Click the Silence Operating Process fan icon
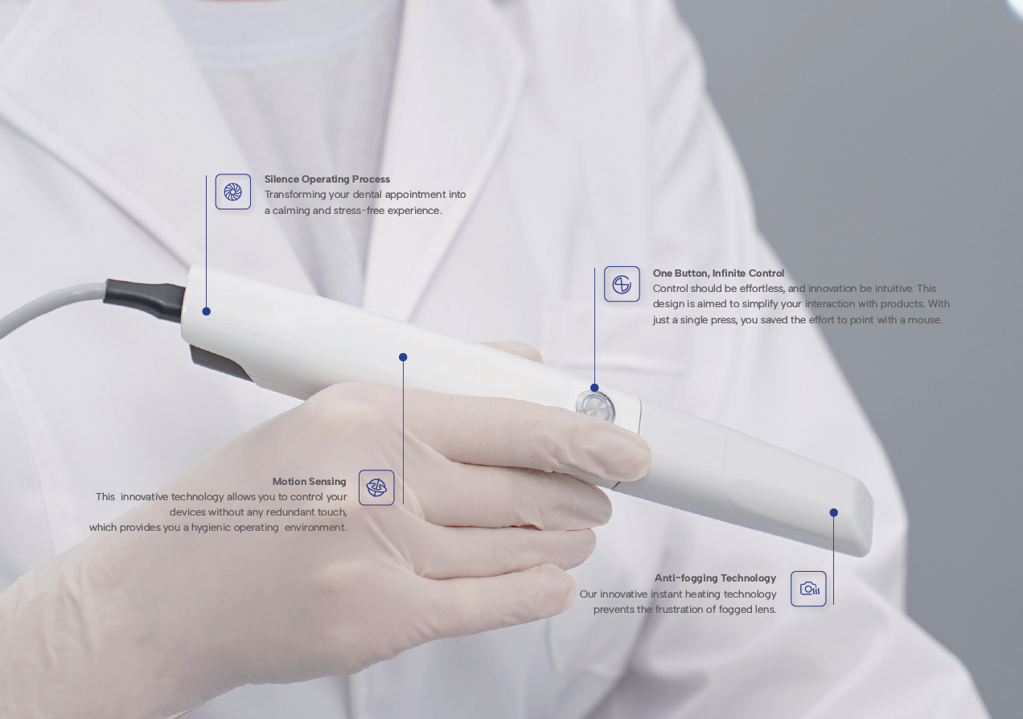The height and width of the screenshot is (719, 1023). point(233,191)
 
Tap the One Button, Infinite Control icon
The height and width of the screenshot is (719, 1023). point(622,284)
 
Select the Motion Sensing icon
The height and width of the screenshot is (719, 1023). point(376,487)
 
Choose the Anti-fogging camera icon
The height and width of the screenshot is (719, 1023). point(808,589)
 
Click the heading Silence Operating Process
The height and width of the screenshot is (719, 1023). point(327,179)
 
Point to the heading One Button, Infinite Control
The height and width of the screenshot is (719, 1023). point(718,273)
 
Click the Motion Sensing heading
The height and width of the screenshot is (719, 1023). point(309,482)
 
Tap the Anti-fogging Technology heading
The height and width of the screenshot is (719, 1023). point(715,578)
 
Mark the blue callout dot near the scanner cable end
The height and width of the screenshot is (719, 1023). point(206,311)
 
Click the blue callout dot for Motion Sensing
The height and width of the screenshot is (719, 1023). point(403,357)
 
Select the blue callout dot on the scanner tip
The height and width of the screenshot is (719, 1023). point(833,512)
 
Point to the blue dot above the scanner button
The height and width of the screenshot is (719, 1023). point(594,388)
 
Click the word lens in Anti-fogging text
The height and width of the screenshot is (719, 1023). point(766,610)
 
